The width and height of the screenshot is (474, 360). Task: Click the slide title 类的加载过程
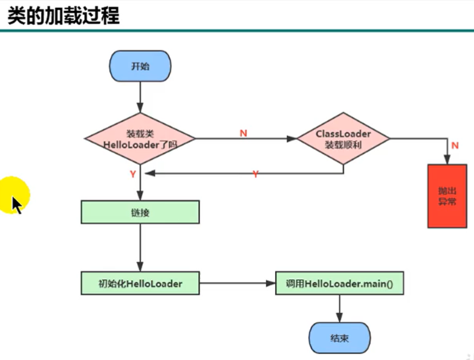pos(63,16)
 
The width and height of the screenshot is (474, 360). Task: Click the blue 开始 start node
pos(140,66)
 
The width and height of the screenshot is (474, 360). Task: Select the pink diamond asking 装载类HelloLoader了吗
pos(140,139)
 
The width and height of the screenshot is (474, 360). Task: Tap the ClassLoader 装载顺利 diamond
pos(343,139)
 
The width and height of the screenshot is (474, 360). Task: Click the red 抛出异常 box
pos(447,196)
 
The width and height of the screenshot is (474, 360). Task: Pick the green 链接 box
pos(140,212)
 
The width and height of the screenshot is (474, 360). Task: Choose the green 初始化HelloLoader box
pos(140,283)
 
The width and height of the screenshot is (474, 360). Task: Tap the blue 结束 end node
pos(340,339)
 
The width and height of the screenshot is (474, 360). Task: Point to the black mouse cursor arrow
pos(16,203)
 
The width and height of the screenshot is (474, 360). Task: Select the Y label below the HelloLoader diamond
pos(132,173)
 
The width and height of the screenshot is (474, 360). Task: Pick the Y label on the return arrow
pos(255,174)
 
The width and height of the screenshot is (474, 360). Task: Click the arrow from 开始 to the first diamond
pos(140,97)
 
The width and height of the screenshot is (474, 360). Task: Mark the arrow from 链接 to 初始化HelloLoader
pos(140,248)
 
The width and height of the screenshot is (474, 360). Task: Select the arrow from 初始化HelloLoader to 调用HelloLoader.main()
pos(237,283)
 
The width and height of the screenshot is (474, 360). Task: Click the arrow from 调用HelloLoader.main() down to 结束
pos(340,309)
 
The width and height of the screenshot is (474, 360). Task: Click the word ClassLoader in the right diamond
pos(343,133)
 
